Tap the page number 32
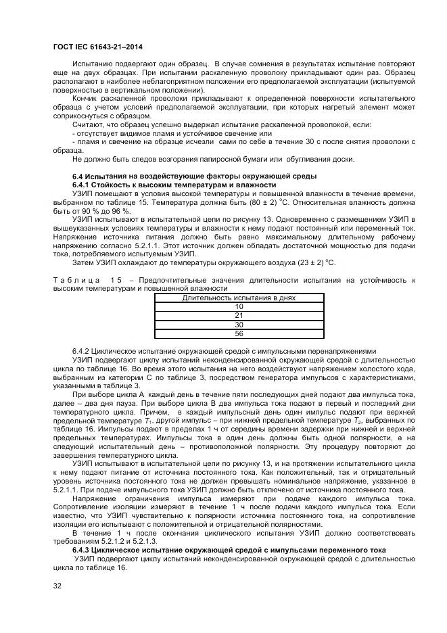pos(57,586)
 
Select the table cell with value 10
pos(238,306)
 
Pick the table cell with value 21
pos(238,315)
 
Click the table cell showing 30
pos(238,325)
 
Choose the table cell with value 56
pos(238,333)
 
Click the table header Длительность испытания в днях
pos(238,298)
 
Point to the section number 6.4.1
pos(83,185)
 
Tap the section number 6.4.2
pos(83,352)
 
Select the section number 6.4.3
pos(83,550)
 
